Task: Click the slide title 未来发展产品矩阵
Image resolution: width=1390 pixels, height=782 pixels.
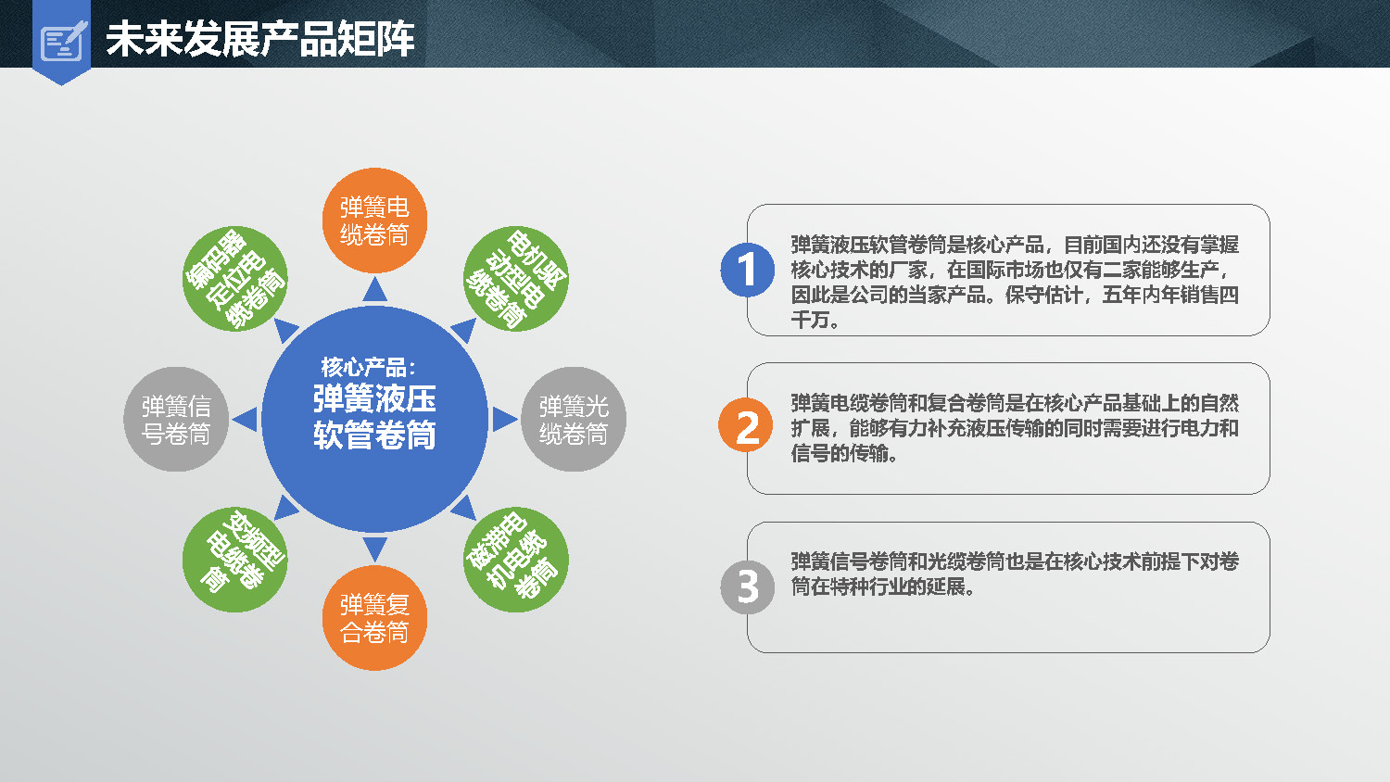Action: [x=260, y=39]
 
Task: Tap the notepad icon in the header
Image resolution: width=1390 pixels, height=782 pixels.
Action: [x=63, y=42]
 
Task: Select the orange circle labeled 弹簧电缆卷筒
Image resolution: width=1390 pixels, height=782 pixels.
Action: [x=374, y=221]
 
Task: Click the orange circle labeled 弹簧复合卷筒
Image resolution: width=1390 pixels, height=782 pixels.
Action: [x=374, y=618]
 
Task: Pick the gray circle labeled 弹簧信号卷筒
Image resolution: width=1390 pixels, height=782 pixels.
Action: [x=176, y=420]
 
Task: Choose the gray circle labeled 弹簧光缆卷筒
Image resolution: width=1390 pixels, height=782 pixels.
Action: [x=574, y=420]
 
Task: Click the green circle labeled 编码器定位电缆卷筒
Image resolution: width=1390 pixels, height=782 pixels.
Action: [x=234, y=279]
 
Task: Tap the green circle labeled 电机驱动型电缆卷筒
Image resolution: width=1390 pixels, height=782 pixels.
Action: [x=515, y=279]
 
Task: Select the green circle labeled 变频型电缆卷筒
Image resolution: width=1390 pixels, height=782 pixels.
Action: [x=234, y=560]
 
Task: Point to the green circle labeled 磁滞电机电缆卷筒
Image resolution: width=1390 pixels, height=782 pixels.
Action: [x=515, y=560]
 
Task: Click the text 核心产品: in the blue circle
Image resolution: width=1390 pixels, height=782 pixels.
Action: [x=368, y=367]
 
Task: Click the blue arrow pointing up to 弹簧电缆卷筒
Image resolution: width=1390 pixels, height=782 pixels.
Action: [x=374, y=290]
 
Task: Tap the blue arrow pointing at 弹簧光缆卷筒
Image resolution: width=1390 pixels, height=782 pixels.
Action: [x=504, y=420]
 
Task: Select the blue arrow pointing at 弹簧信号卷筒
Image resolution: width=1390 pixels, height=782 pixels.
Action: [x=246, y=420]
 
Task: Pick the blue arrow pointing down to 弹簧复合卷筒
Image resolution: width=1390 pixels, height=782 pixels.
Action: [x=374, y=549]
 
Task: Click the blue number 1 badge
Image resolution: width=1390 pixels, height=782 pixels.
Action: [x=747, y=270]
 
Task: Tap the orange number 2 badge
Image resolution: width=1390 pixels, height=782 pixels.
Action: [x=746, y=425]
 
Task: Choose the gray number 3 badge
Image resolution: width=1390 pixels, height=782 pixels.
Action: [x=747, y=587]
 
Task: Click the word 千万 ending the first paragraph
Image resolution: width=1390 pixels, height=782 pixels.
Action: [x=810, y=321]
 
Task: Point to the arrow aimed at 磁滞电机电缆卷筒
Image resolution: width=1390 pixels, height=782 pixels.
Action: [x=465, y=509]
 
